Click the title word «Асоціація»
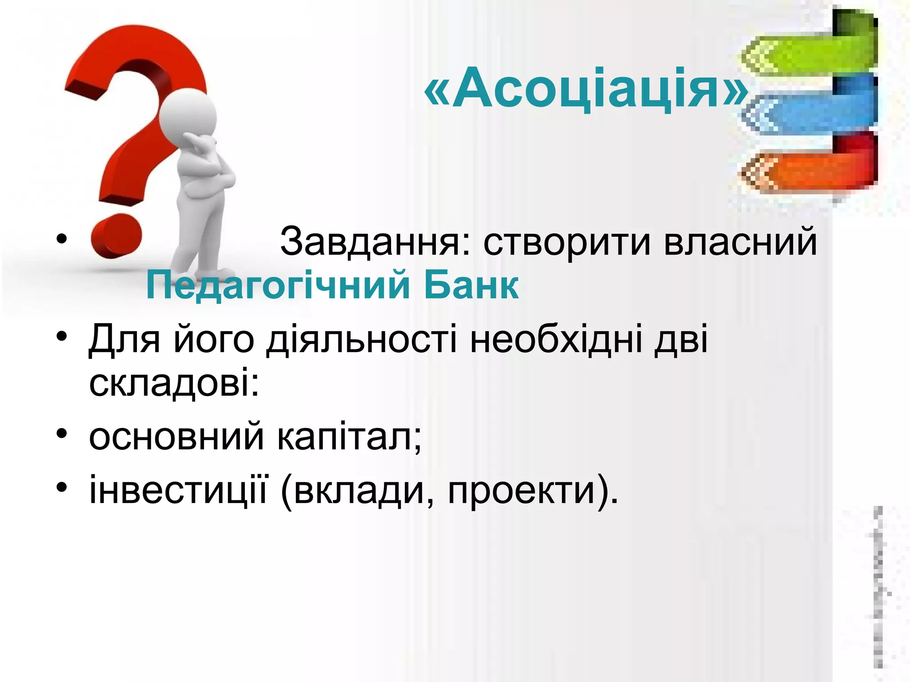coord(587,89)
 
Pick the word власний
coord(740,242)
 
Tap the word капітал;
coord(349,437)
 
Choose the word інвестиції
coord(178,491)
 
